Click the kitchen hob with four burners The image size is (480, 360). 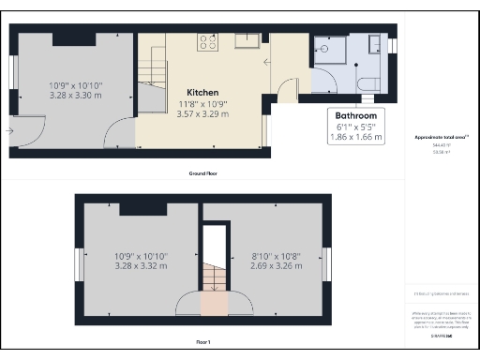click(x=207, y=42)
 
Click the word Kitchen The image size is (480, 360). click(x=202, y=93)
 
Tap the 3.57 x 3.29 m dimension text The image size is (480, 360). click(x=202, y=113)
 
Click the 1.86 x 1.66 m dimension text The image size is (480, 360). click(x=356, y=137)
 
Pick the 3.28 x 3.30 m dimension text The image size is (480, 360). click(x=76, y=95)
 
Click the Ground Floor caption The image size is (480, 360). click(x=206, y=173)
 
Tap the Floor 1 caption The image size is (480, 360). click(x=206, y=341)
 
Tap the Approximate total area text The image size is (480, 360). click(x=441, y=138)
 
